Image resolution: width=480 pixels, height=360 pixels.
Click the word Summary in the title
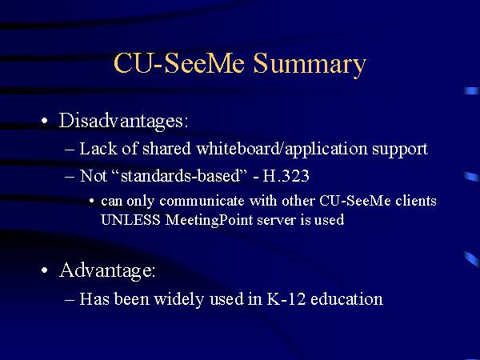[x=310, y=64]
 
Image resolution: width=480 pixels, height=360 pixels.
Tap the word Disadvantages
[x=124, y=121]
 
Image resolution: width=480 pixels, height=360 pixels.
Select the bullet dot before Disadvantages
[x=45, y=122]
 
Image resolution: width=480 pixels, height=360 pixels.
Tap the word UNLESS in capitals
[x=130, y=220]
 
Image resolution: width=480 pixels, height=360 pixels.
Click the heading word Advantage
[x=108, y=270]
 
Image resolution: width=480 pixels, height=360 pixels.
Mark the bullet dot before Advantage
[x=45, y=272]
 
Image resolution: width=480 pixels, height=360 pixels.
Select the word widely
[x=192, y=299]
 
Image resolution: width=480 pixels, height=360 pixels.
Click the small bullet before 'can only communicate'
[x=93, y=202]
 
